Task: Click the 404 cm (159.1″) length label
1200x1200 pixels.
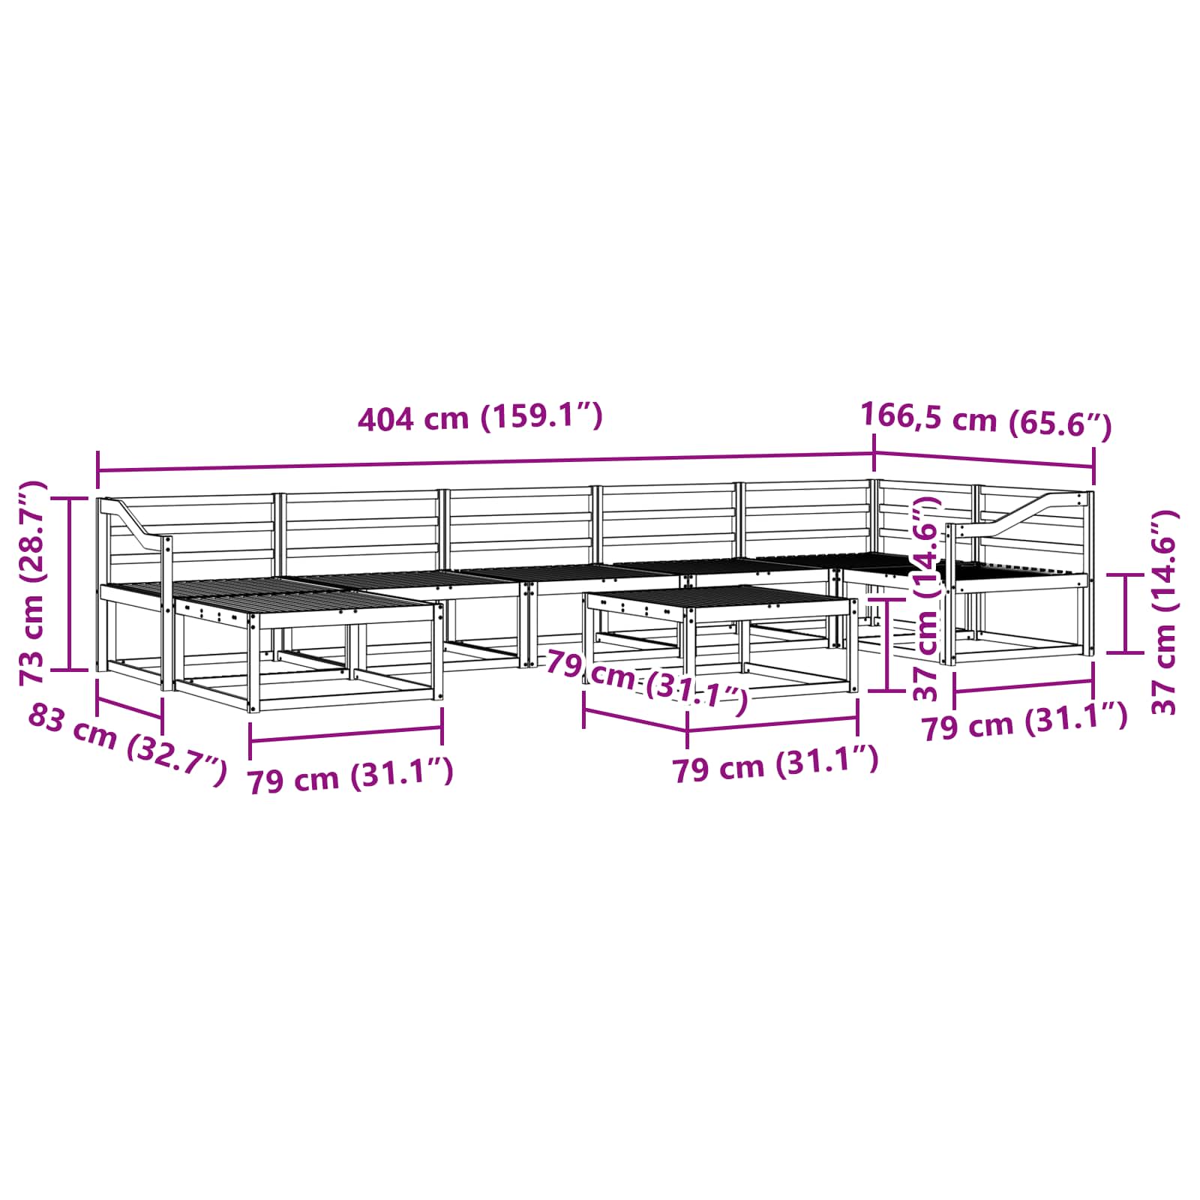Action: pos(480,417)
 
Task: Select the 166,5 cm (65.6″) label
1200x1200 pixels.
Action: pos(985,419)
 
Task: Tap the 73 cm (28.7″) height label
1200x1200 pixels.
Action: pos(34,583)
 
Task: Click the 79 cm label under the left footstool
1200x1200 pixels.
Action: pos(351,775)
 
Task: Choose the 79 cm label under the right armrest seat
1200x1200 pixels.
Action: pos(1024,721)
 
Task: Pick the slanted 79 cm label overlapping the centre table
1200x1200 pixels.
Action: pos(646,682)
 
